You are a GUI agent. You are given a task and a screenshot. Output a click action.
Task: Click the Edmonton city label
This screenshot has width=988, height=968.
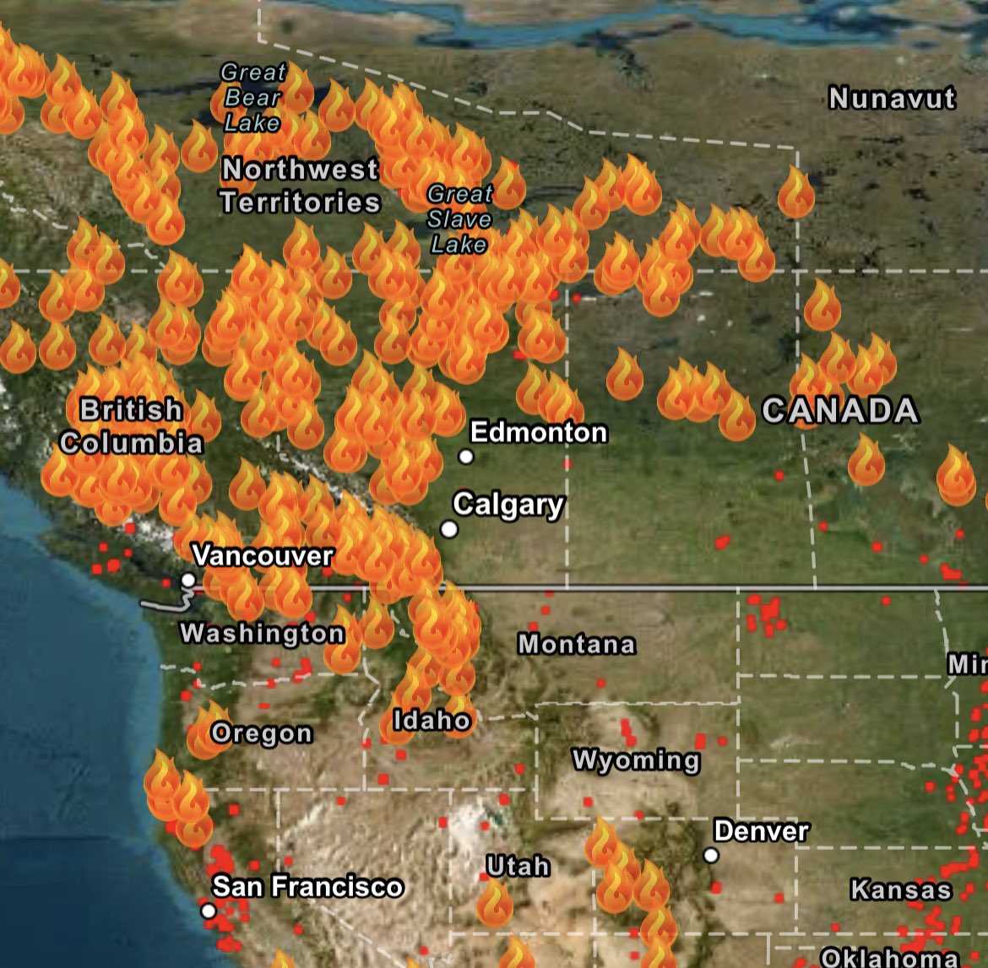(x=539, y=432)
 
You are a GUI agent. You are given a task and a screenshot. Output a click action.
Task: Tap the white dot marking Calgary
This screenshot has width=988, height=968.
(x=449, y=529)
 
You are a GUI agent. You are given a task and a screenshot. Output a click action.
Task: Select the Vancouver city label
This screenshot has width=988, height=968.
(x=263, y=555)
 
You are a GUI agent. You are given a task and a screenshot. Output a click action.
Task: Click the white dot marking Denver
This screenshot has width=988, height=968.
(x=711, y=856)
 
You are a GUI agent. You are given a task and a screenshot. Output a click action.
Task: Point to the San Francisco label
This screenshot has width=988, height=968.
(x=307, y=887)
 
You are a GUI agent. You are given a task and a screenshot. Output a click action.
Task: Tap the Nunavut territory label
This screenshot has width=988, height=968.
(x=892, y=99)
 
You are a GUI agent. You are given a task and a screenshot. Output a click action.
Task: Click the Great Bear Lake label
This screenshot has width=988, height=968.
(x=252, y=98)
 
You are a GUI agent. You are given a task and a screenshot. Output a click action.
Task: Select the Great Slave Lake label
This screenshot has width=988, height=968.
(x=459, y=219)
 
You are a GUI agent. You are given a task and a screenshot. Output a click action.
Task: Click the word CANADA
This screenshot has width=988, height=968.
(x=840, y=411)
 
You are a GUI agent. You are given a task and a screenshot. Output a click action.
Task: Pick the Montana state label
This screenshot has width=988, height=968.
(x=577, y=644)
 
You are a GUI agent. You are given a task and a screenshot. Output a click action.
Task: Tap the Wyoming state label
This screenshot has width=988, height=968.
(x=636, y=760)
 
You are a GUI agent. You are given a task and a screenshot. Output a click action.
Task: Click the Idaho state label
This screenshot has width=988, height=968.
(x=432, y=720)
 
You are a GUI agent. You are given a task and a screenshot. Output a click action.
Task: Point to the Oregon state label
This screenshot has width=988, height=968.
(x=262, y=733)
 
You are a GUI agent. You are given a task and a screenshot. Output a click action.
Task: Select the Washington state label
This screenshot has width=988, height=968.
(x=263, y=633)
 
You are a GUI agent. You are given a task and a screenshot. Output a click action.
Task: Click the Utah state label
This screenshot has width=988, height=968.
(x=518, y=867)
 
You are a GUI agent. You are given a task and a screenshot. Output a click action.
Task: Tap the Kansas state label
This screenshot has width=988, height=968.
(x=901, y=890)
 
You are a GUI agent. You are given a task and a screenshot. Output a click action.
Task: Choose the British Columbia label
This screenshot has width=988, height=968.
(x=132, y=427)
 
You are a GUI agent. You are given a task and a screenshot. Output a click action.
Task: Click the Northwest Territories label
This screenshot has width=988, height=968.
(x=300, y=186)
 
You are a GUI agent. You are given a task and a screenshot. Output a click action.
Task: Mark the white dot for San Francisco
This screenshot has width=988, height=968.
(x=209, y=911)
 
